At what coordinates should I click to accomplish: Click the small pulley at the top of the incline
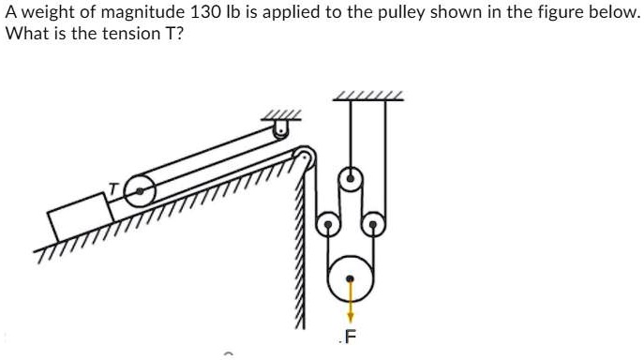302,154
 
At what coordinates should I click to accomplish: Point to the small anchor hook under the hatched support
279,127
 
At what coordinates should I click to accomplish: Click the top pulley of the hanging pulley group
350,175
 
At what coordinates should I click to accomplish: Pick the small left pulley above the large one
327,223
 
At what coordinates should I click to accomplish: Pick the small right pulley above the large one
373,223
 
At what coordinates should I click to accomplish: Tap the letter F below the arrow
352,337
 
